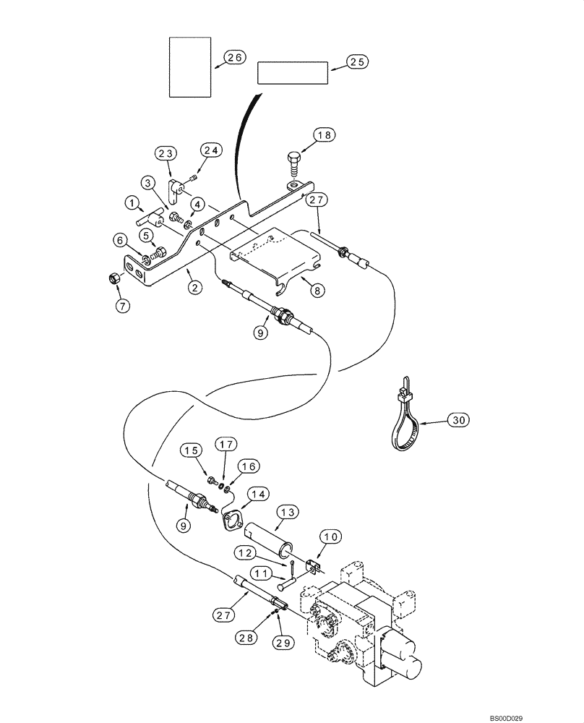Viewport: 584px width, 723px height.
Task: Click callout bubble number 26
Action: (235, 58)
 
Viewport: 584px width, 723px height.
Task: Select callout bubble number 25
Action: (356, 62)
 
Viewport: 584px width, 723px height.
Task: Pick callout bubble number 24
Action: (212, 150)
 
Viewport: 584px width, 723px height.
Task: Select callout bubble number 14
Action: (258, 494)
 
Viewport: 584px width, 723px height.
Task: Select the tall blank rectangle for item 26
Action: (190, 68)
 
